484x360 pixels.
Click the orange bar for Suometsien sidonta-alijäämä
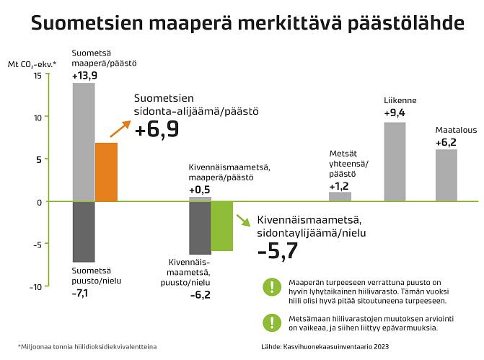coord(106,172)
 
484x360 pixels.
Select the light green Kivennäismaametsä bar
coord(222,226)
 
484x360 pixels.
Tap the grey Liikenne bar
coord(395,162)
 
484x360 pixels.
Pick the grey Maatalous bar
coord(446,175)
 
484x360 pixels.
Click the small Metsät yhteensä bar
coord(340,196)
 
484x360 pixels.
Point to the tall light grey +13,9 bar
coord(84,141)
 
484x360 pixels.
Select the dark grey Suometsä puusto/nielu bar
coord(84,232)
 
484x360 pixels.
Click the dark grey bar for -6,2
coord(200,227)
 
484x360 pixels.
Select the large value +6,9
coord(157,129)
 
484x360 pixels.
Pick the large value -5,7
coord(278,250)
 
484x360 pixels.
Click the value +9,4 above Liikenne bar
coord(395,113)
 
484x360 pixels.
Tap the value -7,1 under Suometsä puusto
coord(80,294)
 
